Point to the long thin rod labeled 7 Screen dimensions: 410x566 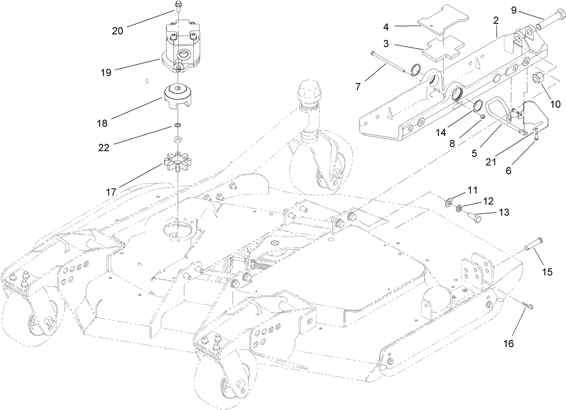tap(388, 62)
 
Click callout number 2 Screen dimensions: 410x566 tap(496, 21)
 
